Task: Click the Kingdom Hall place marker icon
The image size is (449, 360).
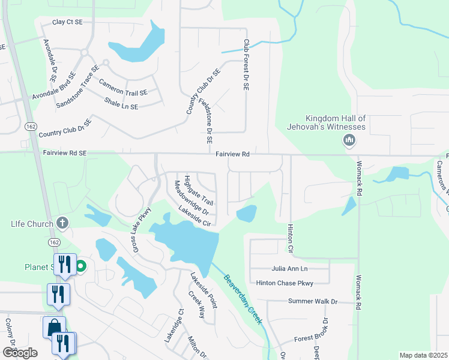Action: point(349,141)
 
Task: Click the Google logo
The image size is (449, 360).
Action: point(20,352)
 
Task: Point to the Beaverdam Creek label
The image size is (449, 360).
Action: point(243,299)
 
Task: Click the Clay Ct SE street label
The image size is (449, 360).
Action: point(67,22)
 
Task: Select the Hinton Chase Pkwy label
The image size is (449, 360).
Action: point(285,283)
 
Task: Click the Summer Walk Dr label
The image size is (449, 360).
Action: point(313,301)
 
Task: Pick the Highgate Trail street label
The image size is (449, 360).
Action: point(199,189)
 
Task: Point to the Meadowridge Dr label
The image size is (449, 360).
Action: point(191,198)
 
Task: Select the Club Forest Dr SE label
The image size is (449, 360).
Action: point(246,65)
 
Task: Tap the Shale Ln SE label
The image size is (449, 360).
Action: point(121,103)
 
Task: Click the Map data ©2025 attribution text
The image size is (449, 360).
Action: point(423,355)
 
